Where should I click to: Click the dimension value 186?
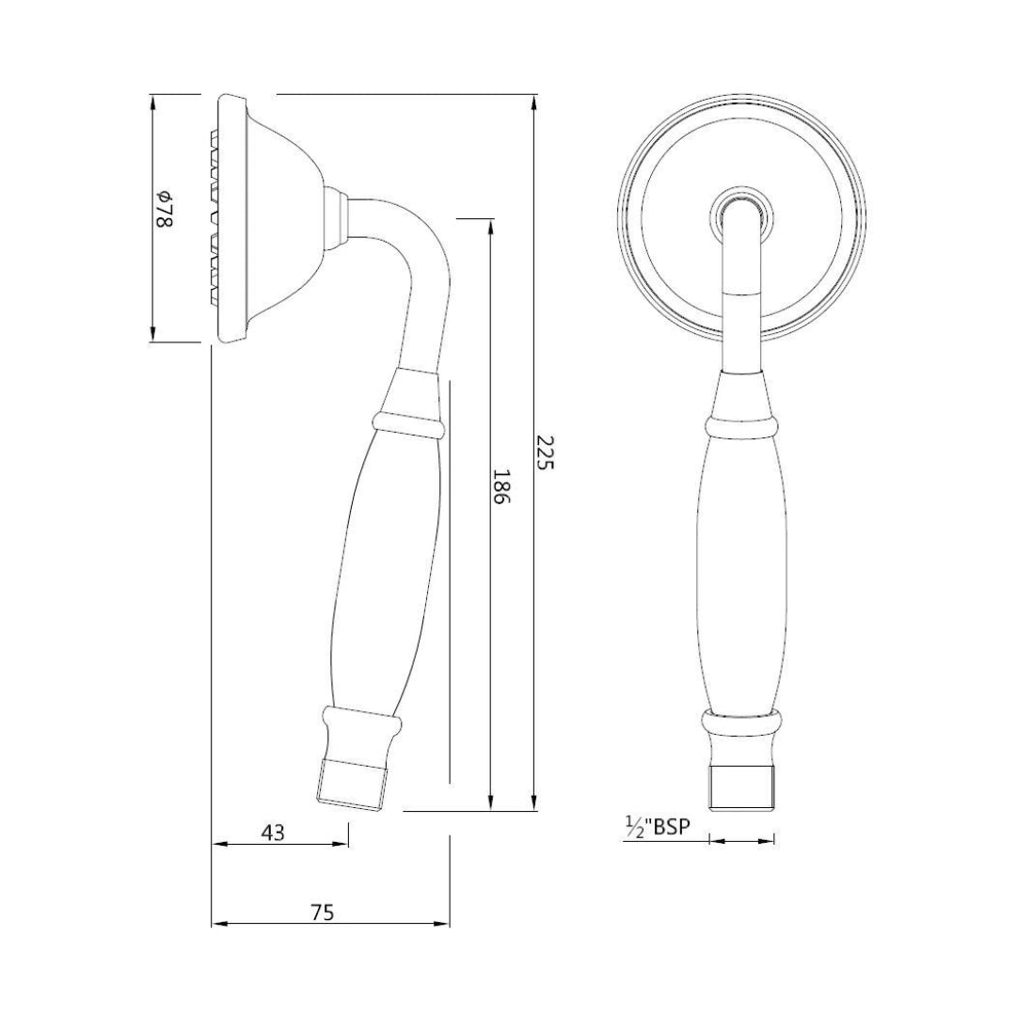click(501, 488)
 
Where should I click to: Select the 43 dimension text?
click(272, 832)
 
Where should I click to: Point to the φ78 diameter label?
click(164, 208)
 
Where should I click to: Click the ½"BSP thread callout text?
click(658, 827)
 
